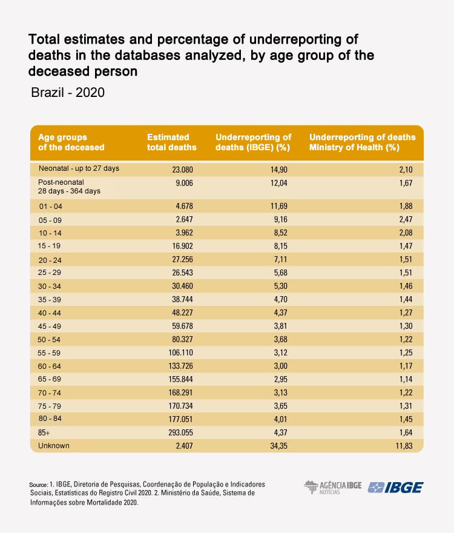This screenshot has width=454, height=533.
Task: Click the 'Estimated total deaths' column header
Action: click(171, 142)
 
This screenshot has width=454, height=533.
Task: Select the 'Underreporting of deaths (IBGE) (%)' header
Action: click(254, 142)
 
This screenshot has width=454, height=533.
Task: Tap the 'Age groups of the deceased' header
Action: click(71, 142)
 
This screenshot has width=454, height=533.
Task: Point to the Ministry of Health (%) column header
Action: click(362, 142)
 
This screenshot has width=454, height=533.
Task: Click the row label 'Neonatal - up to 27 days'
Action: click(79, 168)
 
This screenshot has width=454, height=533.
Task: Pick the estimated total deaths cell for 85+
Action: click(180, 432)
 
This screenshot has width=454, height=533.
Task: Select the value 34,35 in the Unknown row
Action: click(278, 446)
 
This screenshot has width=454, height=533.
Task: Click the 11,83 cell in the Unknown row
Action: click(404, 446)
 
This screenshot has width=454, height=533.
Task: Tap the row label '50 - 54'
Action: click(49, 340)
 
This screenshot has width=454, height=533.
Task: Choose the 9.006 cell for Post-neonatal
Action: click(184, 183)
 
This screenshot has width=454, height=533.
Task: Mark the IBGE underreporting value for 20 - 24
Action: click(281, 259)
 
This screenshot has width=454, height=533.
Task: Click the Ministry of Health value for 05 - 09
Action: click(406, 219)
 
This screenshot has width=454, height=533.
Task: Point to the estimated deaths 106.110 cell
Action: click(181, 353)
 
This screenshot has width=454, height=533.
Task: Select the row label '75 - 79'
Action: click(50, 406)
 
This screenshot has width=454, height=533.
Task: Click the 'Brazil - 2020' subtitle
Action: click(68, 93)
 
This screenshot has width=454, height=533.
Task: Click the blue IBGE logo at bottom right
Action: click(395, 488)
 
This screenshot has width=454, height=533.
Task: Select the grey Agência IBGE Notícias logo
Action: click(333, 488)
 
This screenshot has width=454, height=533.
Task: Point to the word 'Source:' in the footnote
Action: click(38, 485)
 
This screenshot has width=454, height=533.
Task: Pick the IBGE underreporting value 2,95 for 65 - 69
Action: click(281, 379)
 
